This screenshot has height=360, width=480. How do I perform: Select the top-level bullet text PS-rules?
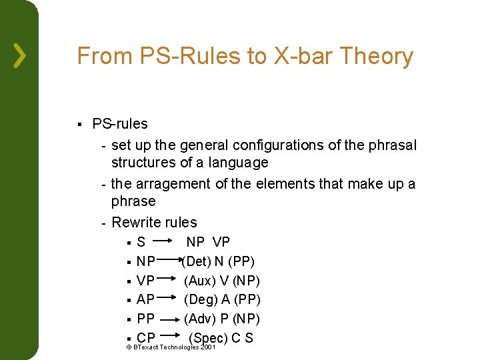tap(120, 124)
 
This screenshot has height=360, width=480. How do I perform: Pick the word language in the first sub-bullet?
tap(237, 163)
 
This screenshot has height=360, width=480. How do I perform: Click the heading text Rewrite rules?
tap(154, 223)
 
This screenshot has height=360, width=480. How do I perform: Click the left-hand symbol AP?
tap(145, 300)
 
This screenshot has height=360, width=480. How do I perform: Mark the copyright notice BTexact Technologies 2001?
tap(171, 348)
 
